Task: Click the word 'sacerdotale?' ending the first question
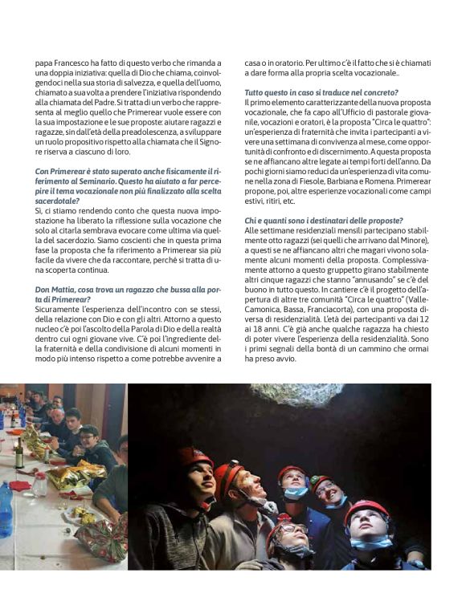click(x=58, y=201)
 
